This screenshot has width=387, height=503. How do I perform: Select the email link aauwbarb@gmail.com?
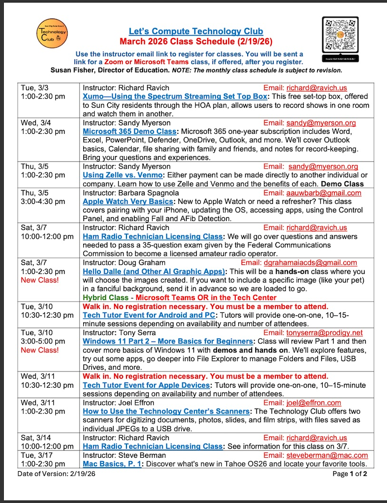(x=323, y=193)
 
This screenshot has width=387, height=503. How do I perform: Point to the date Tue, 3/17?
(x=35, y=455)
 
